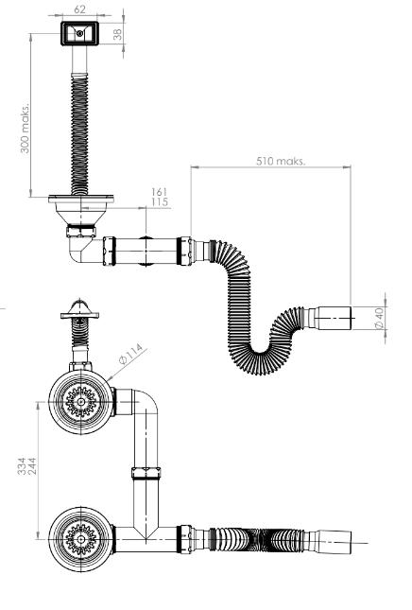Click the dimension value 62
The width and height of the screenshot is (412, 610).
point(79,9)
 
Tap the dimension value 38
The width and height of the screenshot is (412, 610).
point(118,34)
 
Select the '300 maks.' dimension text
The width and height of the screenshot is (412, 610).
point(25,129)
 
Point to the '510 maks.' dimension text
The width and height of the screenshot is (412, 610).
point(281,161)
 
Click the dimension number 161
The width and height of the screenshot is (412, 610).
point(160,192)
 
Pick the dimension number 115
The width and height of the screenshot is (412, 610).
point(160,201)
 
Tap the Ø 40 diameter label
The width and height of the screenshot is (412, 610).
point(379,318)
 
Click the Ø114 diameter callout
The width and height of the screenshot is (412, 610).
point(131,354)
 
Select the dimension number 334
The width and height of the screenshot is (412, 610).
point(22,466)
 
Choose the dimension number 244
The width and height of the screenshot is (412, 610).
point(32,466)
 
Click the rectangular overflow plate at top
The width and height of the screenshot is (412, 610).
point(79,33)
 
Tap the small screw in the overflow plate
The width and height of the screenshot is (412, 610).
point(79,33)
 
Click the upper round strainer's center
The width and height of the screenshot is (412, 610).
point(80,402)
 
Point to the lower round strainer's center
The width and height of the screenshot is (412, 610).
point(80,539)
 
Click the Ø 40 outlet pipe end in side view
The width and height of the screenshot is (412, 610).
point(335,318)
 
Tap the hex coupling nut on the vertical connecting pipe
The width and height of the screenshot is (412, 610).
point(146,473)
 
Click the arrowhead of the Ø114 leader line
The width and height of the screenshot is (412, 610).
point(108,379)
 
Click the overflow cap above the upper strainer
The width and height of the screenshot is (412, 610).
point(79,309)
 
